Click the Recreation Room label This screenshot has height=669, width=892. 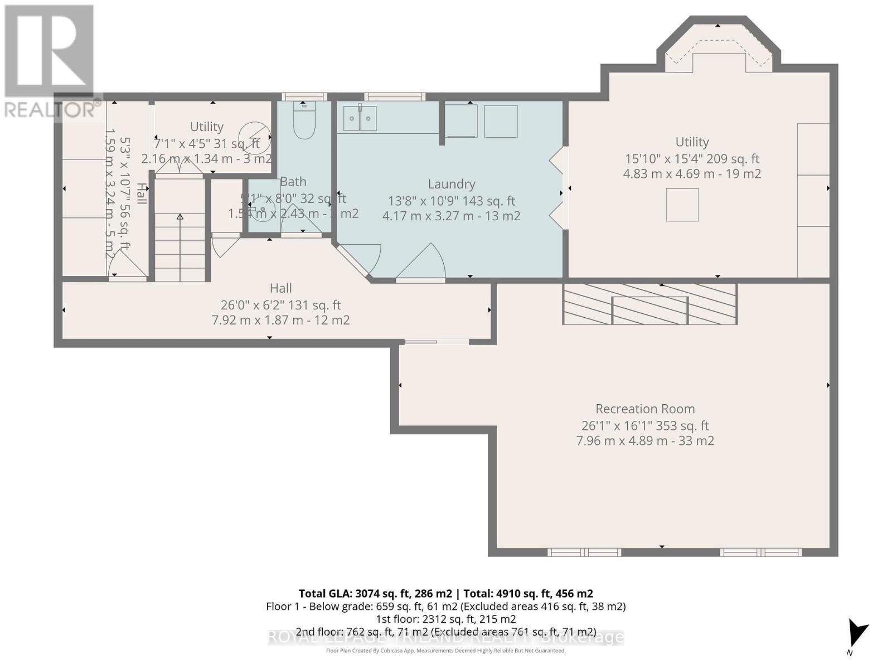(645, 409)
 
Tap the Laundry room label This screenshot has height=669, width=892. (451, 184)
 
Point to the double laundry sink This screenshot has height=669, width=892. (360, 118)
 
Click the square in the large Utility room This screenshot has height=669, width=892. (682, 205)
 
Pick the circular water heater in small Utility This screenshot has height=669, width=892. (254, 137)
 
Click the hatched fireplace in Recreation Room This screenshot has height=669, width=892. (650, 304)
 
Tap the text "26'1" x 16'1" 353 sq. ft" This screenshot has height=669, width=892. (645, 425)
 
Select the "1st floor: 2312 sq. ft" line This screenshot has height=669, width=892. (445, 619)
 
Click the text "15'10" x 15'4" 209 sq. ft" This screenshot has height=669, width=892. (692, 159)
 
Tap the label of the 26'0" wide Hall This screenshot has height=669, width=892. (280, 288)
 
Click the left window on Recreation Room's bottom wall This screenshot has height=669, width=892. (584, 552)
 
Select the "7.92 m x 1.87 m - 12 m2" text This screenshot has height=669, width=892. (280, 321)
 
